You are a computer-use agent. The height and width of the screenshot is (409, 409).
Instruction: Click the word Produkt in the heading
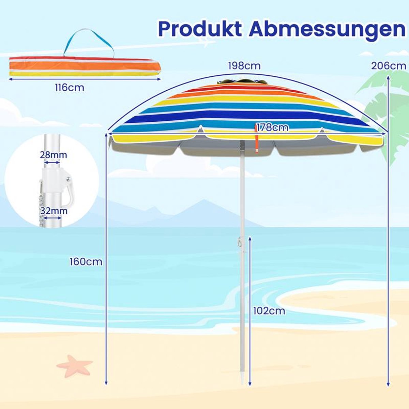coord(200,30)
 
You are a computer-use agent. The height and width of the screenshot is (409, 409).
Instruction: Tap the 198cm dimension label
coord(244,66)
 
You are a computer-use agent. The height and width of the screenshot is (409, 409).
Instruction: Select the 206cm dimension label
coord(389,66)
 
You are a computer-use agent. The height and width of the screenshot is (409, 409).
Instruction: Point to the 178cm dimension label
coord(272,127)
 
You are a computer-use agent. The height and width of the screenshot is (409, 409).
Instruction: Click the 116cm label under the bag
coord(70,88)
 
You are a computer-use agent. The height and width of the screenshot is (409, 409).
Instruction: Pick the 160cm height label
coord(86,262)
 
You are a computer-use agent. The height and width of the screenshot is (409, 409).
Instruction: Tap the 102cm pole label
coord(269,311)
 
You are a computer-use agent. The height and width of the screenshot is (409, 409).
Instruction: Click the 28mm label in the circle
coord(53,155)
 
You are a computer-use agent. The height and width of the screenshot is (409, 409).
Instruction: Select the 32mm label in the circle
coord(54,211)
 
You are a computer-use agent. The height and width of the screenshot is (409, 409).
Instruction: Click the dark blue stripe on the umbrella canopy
coord(244,118)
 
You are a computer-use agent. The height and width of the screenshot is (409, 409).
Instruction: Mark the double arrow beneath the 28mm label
coord(52,163)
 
